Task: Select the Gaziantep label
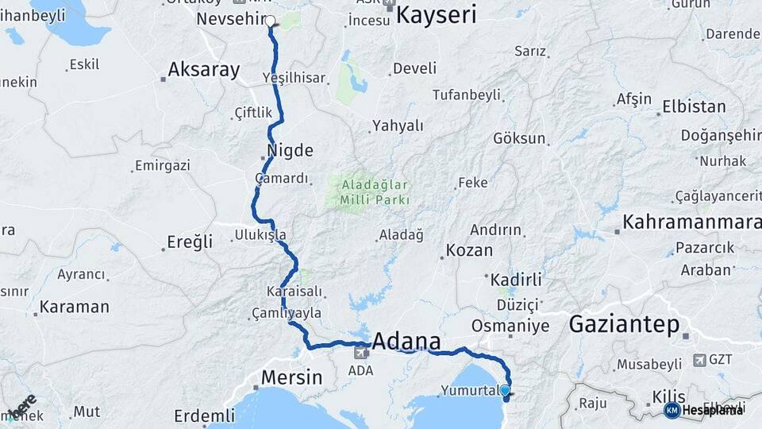(624, 324)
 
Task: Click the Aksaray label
(204, 70)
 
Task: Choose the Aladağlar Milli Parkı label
(375, 193)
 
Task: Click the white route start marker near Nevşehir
(271, 22)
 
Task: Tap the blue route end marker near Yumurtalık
(505, 390)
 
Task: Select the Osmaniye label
(510, 326)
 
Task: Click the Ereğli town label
(190, 242)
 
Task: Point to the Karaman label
(74, 307)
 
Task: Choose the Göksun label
(519, 138)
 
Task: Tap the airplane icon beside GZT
(698, 359)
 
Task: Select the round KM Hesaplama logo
(672, 410)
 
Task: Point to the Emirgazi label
(163, 166)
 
